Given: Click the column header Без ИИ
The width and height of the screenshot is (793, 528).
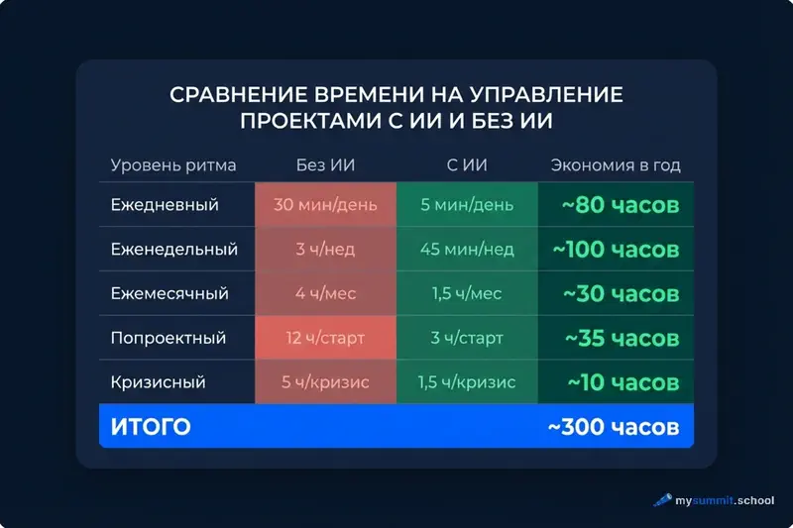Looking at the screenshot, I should pos(325,165).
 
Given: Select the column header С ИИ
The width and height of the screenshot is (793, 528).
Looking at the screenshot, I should pos(467,165).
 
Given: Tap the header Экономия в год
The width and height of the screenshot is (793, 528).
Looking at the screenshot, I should pos(616,165).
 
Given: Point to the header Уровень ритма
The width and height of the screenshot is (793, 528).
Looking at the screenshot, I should pos(173,165).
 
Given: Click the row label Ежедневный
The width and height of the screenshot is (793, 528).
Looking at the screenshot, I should pos(165,205).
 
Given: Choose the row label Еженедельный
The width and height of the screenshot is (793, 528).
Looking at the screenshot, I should pos(174,250).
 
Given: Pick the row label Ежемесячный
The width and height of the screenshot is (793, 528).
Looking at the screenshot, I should pos(170,294).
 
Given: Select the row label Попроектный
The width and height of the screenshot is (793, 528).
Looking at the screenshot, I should pos(169,338).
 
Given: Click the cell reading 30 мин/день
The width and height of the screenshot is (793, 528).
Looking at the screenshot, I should pos(325,205).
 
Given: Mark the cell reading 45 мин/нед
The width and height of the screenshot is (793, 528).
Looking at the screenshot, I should pos(467,250).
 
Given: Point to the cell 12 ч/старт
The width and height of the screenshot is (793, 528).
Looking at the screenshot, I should pos(325,338).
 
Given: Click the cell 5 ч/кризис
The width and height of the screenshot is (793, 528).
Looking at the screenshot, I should pos(325,382).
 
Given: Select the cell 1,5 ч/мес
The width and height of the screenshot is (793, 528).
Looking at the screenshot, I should pos(467,294).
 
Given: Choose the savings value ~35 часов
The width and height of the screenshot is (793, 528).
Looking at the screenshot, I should pos(622,338).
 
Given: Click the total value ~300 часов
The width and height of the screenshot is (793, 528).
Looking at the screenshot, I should pos(613,427).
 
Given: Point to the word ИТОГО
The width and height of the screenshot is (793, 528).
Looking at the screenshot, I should pos(150,427).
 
